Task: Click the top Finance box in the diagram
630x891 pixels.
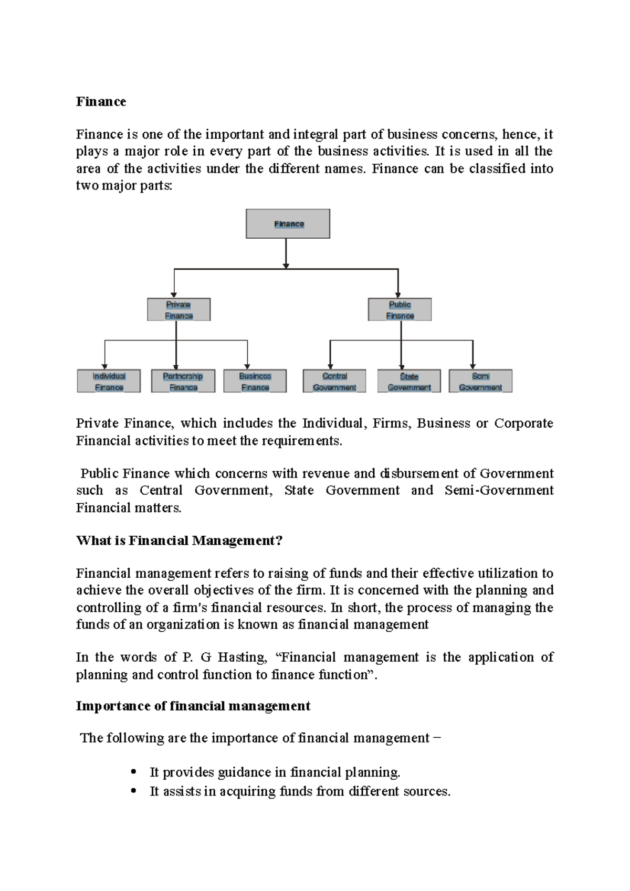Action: [x=288, y=224]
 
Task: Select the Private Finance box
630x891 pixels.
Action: [x=178, y=310]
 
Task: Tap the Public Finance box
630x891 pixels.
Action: [x=400, y=310]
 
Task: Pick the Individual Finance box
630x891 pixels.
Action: [x=109, y=381]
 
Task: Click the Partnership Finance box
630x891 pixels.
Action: [x=183, y=381]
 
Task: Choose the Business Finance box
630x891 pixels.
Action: [x=255, y=381]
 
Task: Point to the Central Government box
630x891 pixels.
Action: [x=334, y=381]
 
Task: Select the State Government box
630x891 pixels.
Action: [x=409, y=381]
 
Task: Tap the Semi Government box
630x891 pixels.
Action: [x=480, y=381]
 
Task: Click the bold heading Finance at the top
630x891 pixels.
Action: [x=101, y=102]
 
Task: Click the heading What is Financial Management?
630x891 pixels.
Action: [x=179, y=540]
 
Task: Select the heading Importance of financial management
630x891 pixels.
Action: [x=193, y=706]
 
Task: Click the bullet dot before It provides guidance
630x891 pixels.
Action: [x=134, y=771]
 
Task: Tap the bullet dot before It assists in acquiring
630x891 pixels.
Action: [x=134, y=790]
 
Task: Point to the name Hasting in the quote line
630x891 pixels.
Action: [x=242, y=657]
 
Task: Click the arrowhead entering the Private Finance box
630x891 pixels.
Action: [x=174, y=295]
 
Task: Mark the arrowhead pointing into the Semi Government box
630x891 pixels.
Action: [x=472, y=366]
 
